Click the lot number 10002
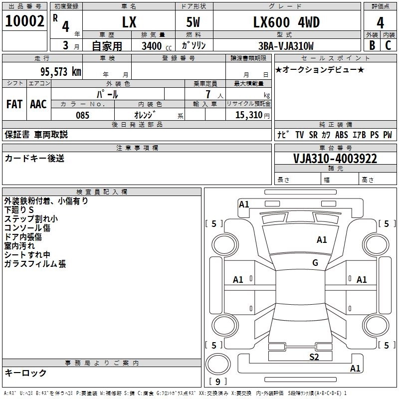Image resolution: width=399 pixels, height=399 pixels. click(x=24, y=21)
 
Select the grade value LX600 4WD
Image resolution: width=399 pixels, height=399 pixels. click(x=286, y=22)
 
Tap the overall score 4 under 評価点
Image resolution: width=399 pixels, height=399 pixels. click(x=380, y=23)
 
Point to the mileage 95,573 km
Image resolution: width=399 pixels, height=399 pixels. click(x=61, y=72)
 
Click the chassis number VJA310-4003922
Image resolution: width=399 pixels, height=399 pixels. click(x=335, y=159)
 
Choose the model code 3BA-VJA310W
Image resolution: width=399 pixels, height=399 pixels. click(x=286, y=46)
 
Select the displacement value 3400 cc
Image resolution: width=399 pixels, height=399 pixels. click(x=157, y=46)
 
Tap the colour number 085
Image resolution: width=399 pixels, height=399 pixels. click(x=82, y=115)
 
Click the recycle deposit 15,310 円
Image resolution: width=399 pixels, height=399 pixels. click(x=252, y=115)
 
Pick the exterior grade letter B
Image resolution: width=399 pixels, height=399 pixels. click(x=372, y=45)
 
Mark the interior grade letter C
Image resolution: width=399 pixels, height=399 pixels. click(x=388, y=45)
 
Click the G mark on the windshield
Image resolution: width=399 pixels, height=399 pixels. click(x=315, y=262)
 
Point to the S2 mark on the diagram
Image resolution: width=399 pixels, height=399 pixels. click(x=314, y=357)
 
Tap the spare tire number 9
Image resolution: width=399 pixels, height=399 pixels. click(x=218, y=382)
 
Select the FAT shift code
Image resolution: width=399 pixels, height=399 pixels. click(x=14, y=104)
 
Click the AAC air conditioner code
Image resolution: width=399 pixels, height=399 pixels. click(x=38, y=104)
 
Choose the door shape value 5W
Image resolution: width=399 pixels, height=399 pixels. click(x=193, y=22)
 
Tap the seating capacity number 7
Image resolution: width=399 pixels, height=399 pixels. click(x=208, y=94)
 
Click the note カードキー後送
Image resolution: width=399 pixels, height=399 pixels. click(x=34, y=158)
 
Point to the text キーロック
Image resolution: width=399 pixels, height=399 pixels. click(x=25, y=373)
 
